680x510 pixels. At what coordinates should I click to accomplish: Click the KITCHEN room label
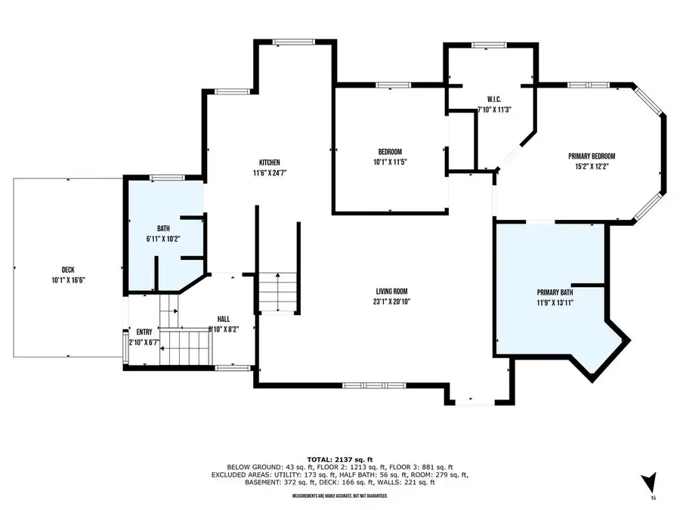(x=269, y=162)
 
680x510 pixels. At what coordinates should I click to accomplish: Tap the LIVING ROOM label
(x=391, y=292)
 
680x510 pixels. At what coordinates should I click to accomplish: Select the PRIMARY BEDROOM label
(x=592, y=156)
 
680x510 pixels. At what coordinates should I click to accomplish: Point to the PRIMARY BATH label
(x=555, y=292)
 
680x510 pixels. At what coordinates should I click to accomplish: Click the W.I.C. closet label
(x=494, y=99)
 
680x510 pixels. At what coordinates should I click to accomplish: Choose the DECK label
(x=68, y=270)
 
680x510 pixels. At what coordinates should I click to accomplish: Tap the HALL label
(x=224, y=319)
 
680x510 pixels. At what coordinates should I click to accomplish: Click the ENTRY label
(x=144, y=332)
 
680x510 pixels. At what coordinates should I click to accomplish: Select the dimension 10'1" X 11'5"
(x=390, y=162)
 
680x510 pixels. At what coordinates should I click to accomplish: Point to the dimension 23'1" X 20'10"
(x=391, y=301)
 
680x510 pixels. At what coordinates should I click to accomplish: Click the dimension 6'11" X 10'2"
(x=163, y=239)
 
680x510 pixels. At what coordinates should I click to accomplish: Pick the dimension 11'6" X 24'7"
(x=270, y=172)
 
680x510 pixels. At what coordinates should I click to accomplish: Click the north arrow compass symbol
(x=649, y=482)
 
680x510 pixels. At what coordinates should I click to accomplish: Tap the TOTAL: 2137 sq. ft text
(x=340, y=459)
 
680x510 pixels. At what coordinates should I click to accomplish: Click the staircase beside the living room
(x=277, y=292)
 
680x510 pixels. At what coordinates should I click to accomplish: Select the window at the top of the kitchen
(x=294, y=42)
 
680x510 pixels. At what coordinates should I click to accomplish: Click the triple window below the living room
(x=374, y=385)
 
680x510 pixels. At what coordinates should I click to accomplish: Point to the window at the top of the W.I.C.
(x=489, y=45)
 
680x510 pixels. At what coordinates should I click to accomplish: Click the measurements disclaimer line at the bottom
(x=340, y=496)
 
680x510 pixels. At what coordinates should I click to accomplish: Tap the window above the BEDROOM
(x=394, y=85)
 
